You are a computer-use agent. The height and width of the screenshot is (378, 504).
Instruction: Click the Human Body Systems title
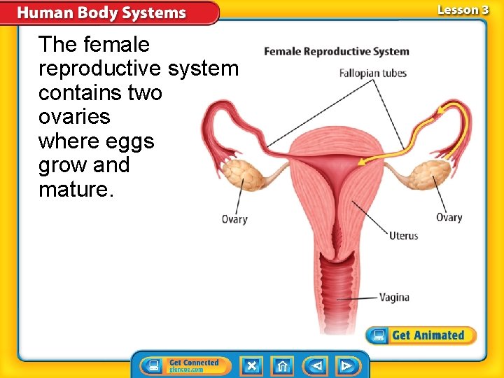pyautogui.click(x=101, y=13)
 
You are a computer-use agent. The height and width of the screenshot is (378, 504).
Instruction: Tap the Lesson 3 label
pyautogui.click(x=463, y=10)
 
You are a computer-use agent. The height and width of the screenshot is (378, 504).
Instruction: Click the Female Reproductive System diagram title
pyautogui.click(x=336, y=51)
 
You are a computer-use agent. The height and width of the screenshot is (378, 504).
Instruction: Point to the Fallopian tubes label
pyautogui.click(x=372, y=73)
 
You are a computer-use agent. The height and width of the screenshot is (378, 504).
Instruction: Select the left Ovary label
pyautogui.click(x=234, y=219)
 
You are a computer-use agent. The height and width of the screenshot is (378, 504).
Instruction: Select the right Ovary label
pyautogui.click(x=449, y=217)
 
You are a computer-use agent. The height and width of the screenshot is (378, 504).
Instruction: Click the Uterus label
pyautogui.click(x=403, y=235)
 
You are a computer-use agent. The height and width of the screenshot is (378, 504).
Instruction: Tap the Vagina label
pyautogui.click(x=394, y=297)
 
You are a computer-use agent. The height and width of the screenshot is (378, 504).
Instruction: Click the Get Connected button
pyautogui.click(x=181, y=365)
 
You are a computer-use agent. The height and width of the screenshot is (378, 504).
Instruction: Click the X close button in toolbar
pyautogui.click(x=252, y=365)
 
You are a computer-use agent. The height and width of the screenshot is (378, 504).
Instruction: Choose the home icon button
pyautogui.click(x=283, y=365)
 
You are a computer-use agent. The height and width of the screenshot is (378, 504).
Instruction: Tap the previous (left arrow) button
pyautogui.click(x=315, y=365)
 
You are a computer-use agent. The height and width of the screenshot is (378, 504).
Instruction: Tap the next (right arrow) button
pyautogui.click(x=346, y=365)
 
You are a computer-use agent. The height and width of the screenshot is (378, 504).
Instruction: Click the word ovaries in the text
pyautogui.click(x=74, y=117)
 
